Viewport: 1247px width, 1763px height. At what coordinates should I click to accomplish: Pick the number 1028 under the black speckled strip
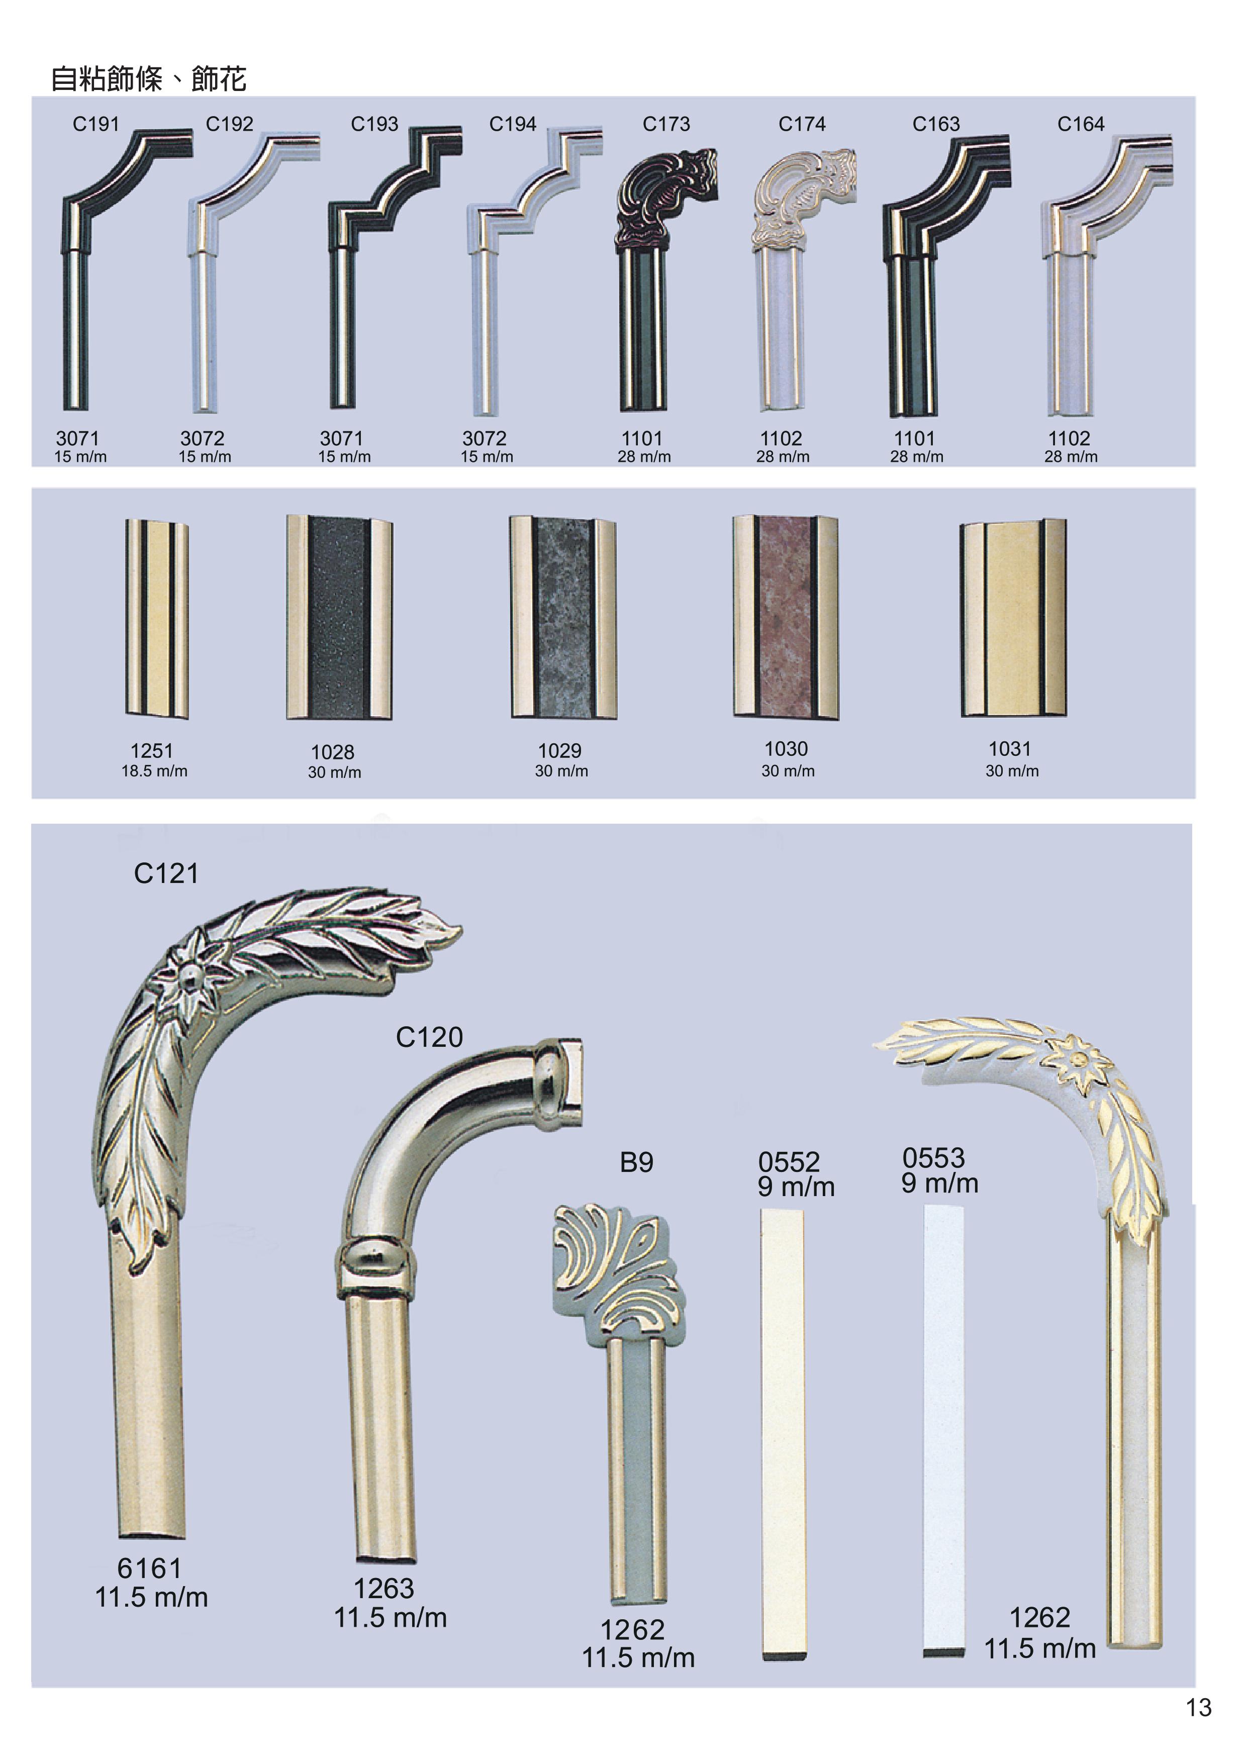click(332, 752)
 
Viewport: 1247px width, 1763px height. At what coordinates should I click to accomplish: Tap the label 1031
click(1010, 749)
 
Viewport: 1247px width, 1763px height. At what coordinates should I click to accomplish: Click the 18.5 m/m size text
click(154, 771)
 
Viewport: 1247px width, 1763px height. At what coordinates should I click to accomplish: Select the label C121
click(166, 874)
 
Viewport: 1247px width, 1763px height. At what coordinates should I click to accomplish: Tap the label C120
click(429, 1037)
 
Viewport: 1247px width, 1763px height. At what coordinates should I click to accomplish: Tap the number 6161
click(150, 1568)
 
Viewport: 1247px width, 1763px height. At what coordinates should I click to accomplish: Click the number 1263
click(384, 1589)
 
